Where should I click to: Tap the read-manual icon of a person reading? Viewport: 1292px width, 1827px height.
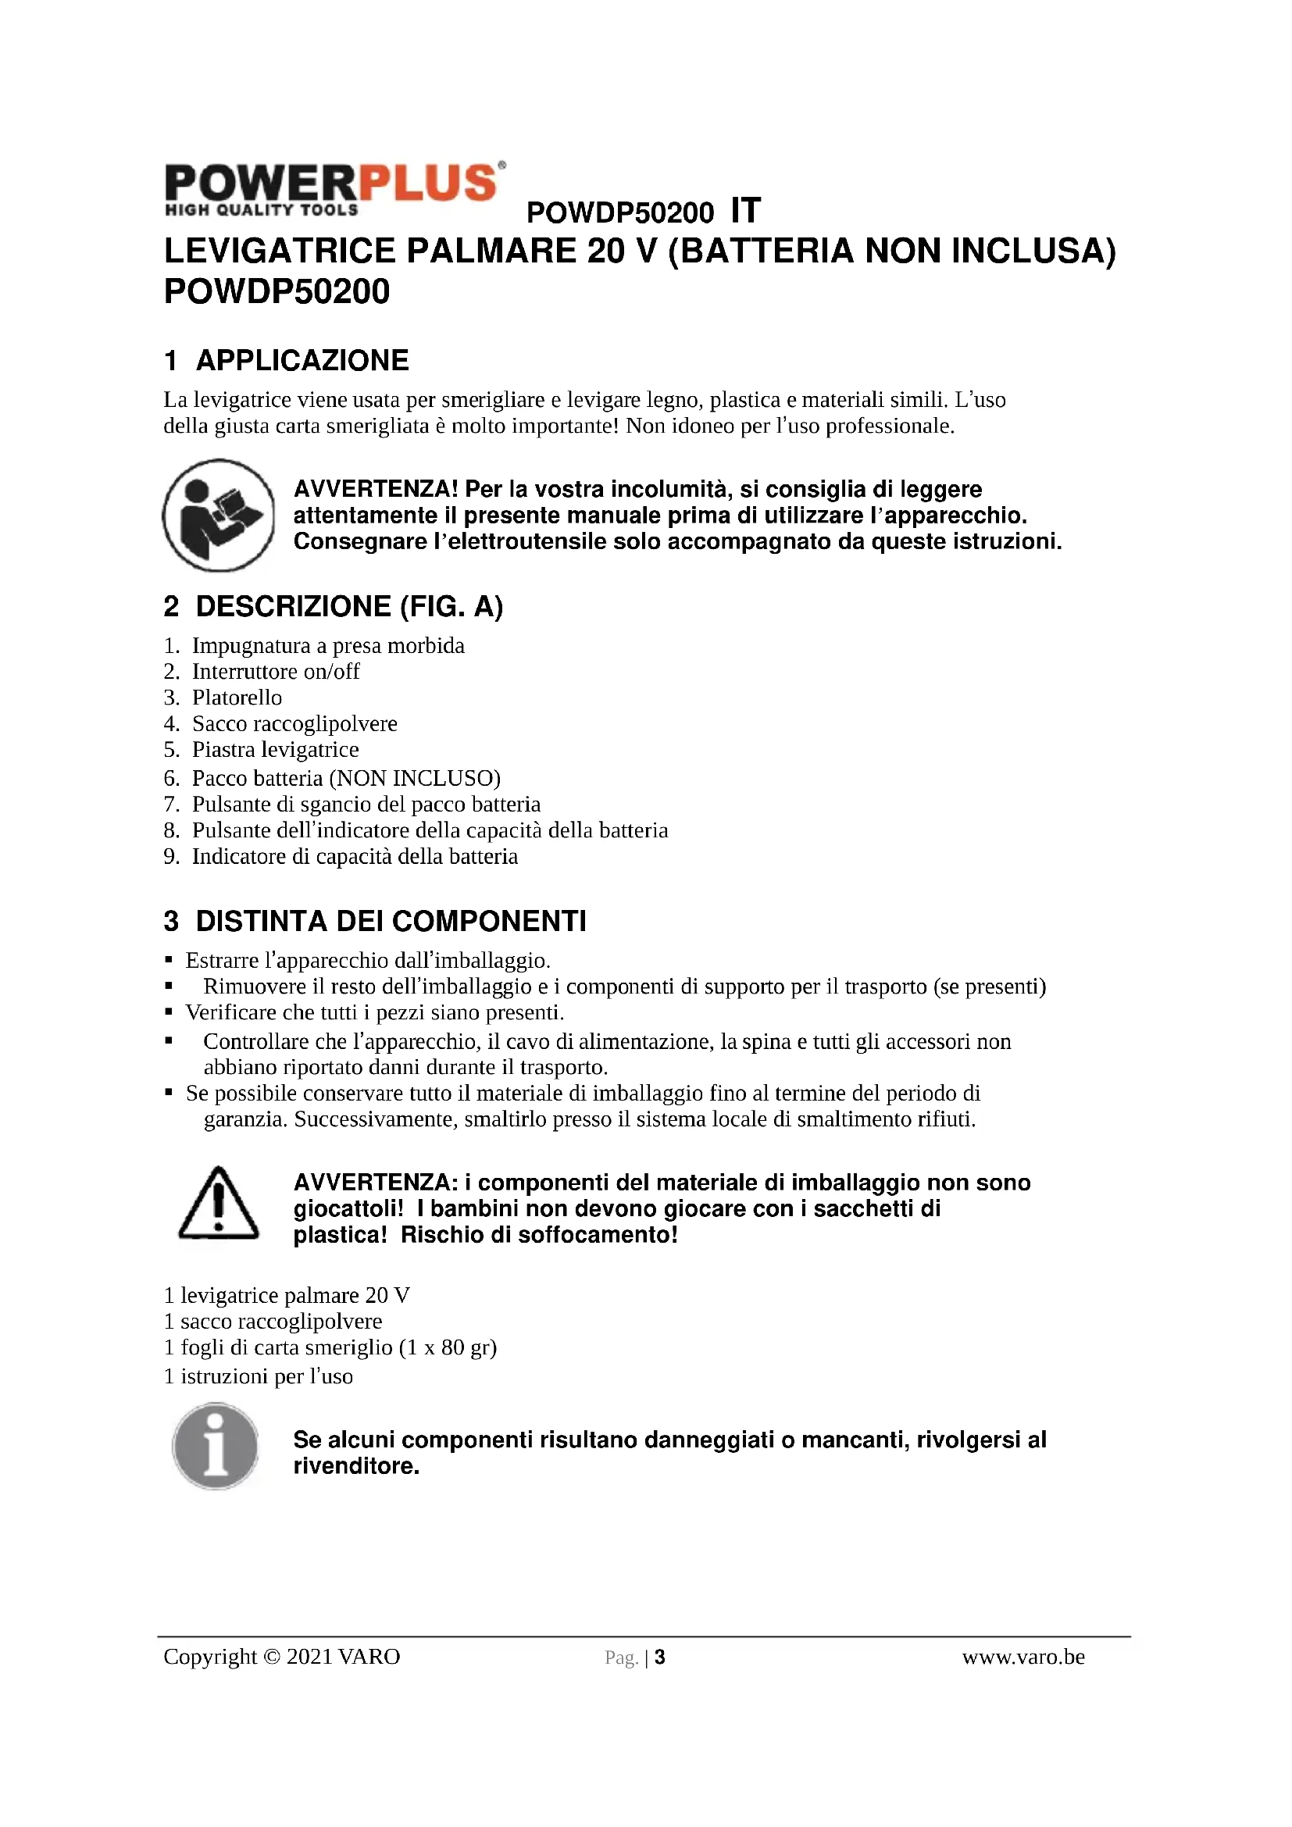tap(219, 515)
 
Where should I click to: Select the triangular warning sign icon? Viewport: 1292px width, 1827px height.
tap(219, 1204)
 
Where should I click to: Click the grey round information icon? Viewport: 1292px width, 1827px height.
tap(216, 1447)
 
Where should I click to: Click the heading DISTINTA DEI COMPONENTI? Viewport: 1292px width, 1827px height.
tap(391, 921)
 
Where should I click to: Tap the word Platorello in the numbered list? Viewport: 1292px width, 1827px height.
tap(237, 697)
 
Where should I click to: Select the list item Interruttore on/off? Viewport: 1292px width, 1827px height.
tap(275, 671)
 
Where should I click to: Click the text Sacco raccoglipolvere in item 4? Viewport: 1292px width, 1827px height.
tap(294, 723)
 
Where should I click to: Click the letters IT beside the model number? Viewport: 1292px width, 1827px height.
tap(745, 211)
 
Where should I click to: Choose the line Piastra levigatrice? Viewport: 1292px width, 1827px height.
tap(275, 749)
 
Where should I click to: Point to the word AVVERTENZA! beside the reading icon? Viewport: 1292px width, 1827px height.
tap(376, 488)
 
